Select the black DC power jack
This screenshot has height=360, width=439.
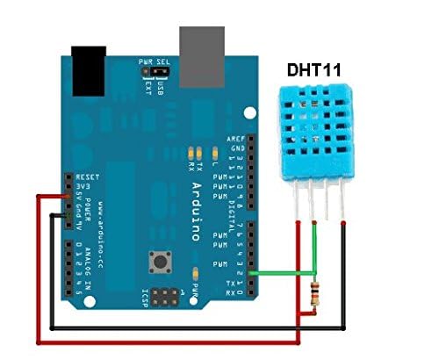pyautogui.click(x=89, y=70)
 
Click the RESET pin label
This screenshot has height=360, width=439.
pyautogui.click(x=85, y=176)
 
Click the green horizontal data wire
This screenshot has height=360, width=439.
pyautogui.click(x=281, y=274)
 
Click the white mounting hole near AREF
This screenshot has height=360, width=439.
pyautogui.click(x=252, y=113)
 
